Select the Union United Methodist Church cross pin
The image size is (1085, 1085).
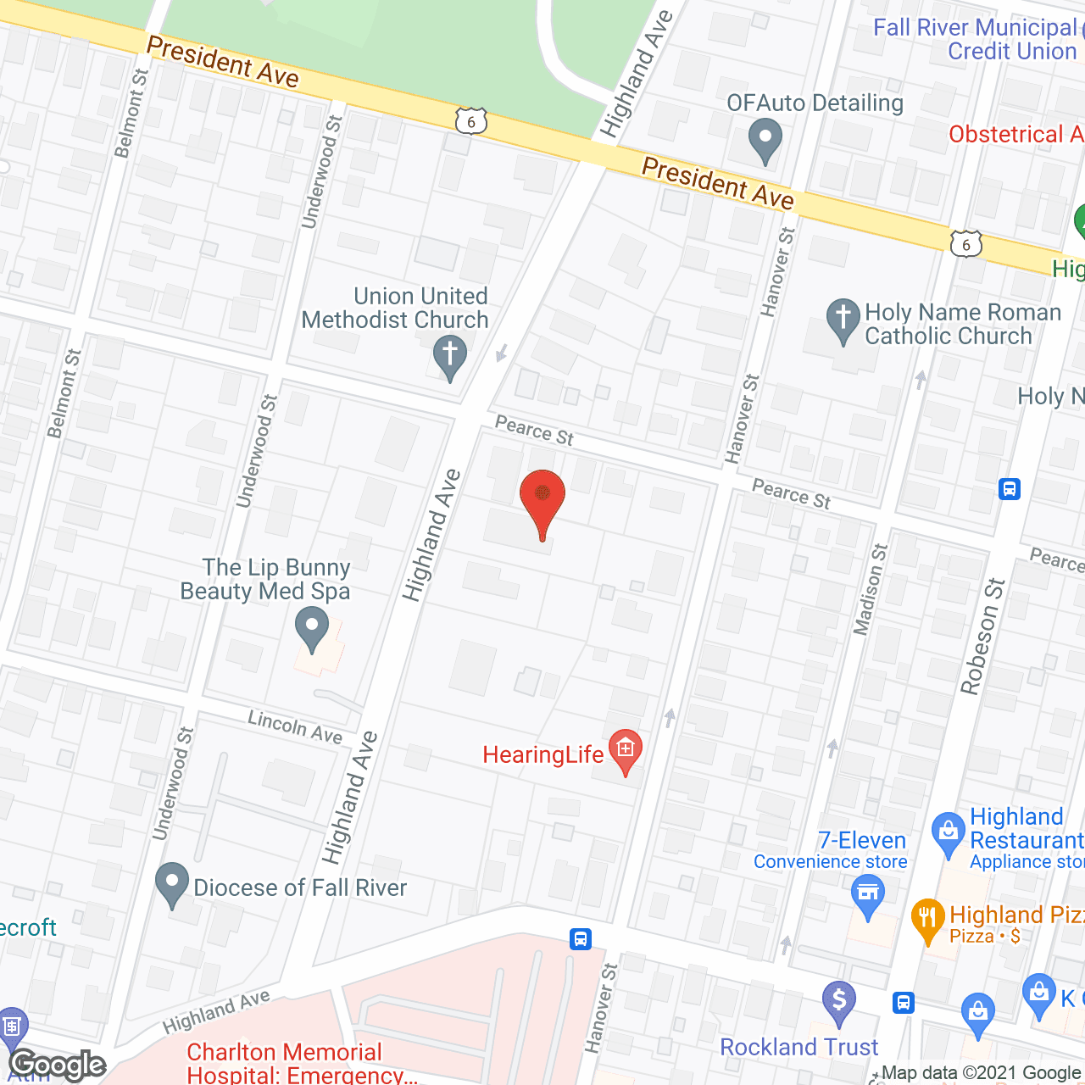[450, 355]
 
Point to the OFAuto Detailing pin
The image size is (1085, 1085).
[765, 138]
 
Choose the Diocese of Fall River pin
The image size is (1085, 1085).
[172, 883]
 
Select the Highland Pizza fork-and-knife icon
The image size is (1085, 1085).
[928, 918]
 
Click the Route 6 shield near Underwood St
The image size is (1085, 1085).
[471, 121]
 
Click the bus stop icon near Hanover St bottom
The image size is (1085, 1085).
[581, 939]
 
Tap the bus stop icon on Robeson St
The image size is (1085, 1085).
[1009, 489]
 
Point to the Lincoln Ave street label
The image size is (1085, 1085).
[294, 727]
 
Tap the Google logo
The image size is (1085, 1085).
[58, 1065]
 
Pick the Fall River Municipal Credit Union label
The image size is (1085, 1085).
[975, 39]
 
